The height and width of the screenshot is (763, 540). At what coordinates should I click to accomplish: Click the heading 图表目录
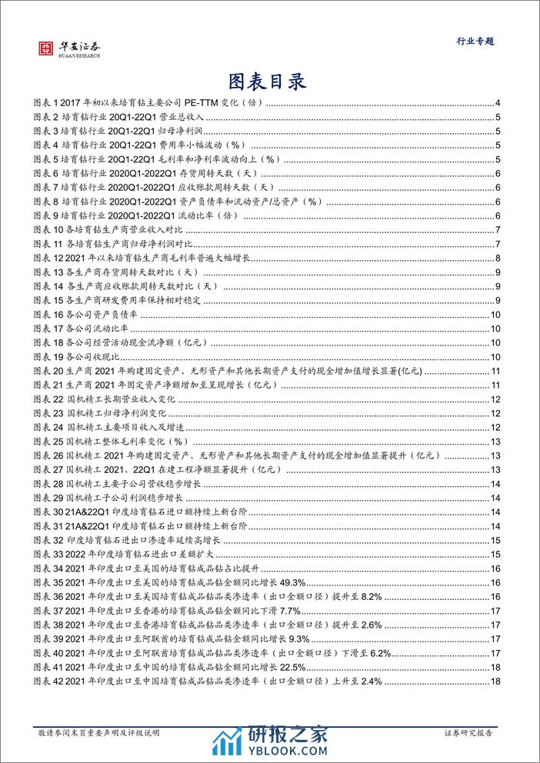268,81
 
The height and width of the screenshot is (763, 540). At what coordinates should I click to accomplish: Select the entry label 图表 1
48,104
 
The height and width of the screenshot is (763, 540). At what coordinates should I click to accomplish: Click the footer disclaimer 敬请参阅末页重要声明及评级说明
99,734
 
